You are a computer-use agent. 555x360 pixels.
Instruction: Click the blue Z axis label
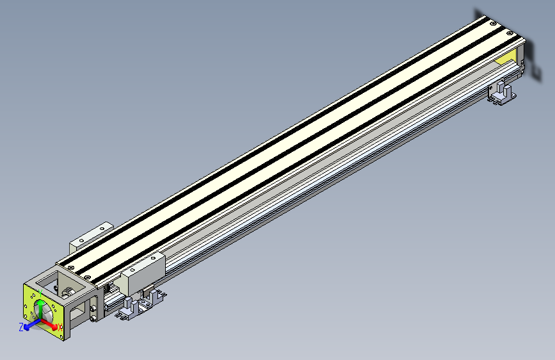(x=21, y=327)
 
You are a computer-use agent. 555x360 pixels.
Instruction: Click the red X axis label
(x=60, y=327)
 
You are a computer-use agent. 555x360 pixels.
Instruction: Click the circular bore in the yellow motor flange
(x=45, y=315)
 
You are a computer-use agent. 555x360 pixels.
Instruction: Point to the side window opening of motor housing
(x=78, y=312)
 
